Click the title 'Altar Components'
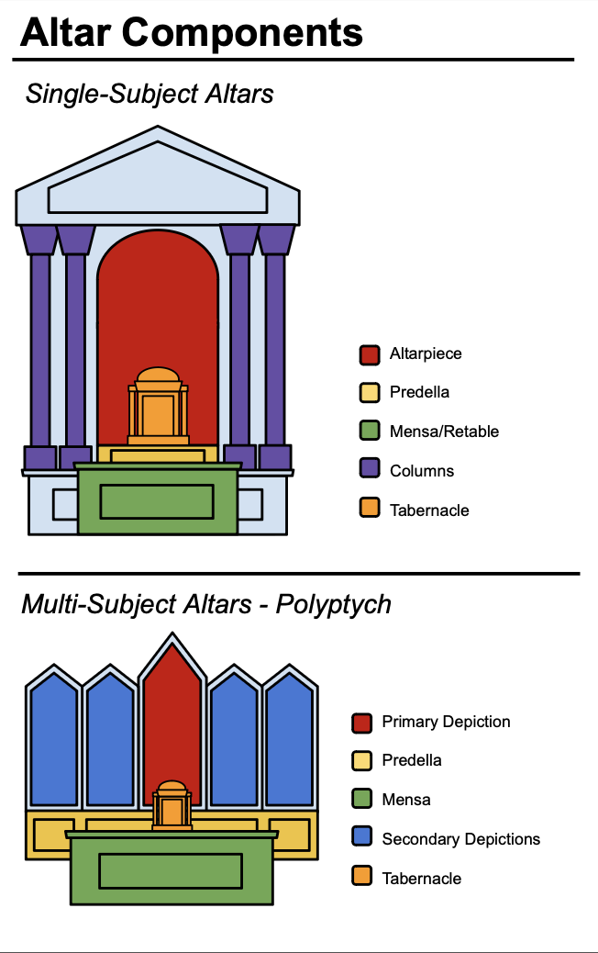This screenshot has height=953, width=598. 192,32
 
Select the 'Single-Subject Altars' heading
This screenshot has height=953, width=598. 149,94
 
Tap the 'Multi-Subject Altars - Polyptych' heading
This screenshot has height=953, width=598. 206,604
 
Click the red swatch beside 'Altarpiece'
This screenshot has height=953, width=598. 370,354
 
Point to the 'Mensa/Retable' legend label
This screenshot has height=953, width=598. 444,432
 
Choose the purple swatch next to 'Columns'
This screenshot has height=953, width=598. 370,470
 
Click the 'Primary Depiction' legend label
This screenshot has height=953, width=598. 446,722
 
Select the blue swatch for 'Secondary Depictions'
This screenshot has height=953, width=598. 362,838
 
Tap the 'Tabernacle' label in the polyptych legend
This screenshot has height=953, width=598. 421,878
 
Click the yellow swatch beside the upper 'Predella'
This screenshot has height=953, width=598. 370,393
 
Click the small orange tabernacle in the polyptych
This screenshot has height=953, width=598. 172,805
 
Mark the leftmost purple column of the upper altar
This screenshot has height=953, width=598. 39,349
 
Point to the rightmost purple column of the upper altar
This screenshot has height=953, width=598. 275,349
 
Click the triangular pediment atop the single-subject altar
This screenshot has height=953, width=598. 158,184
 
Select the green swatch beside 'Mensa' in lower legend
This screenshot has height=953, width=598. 362,800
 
